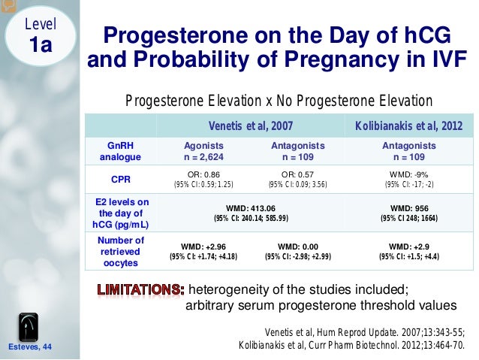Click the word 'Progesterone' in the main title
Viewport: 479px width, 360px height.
coord(162,36)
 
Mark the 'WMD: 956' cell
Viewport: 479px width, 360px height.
coord(408,213)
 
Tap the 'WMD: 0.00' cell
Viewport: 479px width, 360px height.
coord(298,251)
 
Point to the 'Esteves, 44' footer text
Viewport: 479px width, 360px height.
coord(29,346)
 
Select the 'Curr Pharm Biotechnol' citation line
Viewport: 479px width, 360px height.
coord(351,346)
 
